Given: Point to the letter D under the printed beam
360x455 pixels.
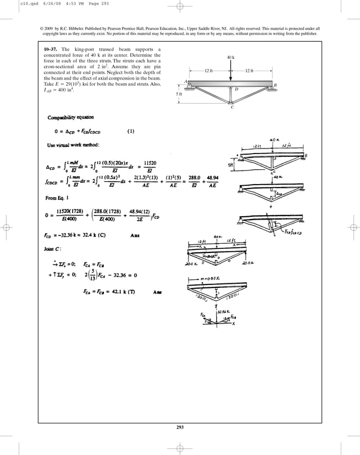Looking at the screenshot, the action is tap(236, 89).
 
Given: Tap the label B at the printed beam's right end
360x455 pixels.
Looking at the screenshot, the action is tap(275, 85).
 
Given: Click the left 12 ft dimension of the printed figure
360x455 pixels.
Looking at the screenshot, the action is tap(208, 70).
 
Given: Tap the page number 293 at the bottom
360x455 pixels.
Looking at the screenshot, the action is tap(180, 426).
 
